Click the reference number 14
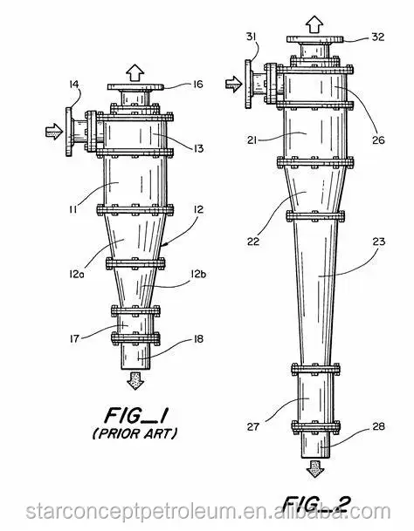74,84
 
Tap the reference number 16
198,84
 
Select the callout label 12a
74,274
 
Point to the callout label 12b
198,274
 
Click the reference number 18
198,338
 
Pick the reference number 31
251,37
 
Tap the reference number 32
377,37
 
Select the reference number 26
378,140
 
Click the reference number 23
379,242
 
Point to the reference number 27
253,426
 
